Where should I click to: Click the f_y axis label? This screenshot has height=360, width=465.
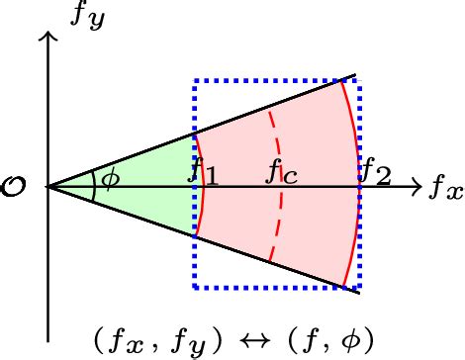pos(85,18)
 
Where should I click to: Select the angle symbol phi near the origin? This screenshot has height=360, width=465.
pos(110,180)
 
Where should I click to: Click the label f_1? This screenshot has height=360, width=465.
pos(203,172)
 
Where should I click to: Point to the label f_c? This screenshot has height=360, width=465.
pos(282,172)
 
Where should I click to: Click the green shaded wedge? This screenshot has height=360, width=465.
pos(148,173)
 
